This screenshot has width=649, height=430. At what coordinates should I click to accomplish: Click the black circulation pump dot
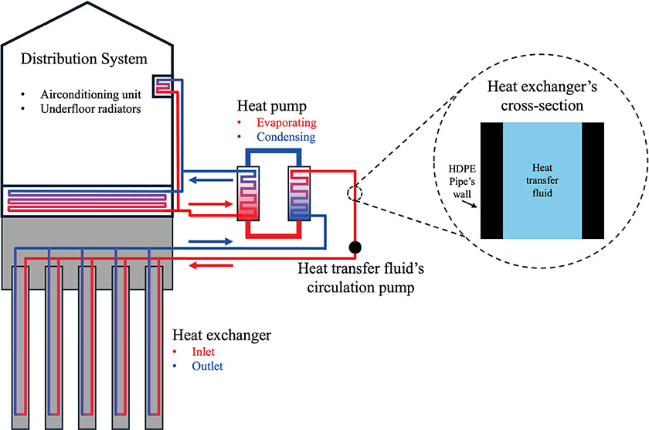[355, 247]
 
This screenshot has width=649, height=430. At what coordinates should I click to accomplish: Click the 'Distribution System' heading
[95, 60]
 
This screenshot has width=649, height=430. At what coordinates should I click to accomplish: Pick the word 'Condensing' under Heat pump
[285, 138]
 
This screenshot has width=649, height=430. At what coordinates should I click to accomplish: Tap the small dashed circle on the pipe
[355, 193]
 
